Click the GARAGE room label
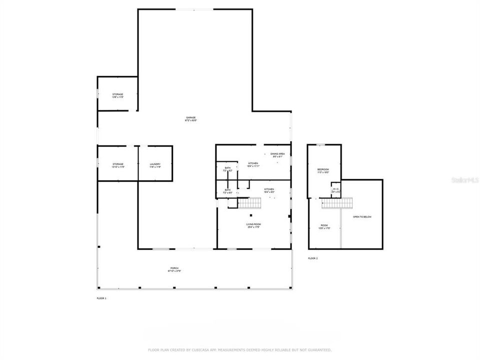click(x=190, y=117)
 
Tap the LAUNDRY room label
click(x=155, y=164)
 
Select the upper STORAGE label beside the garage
click(x=117, y=94)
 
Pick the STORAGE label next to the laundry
click(x=117, y=164)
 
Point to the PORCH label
click(x=174, y=268)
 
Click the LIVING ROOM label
click(x=253, y=224)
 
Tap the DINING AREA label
click(x=277, y=153)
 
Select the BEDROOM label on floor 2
click(x=323, y=170)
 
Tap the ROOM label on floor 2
click(x=324, y=225)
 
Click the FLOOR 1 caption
click(x=101, y=298)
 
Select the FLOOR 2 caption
click(x=312, y=258)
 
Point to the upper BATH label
click(x=227, y=168)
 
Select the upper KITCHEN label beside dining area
click(x=253, y=163)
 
